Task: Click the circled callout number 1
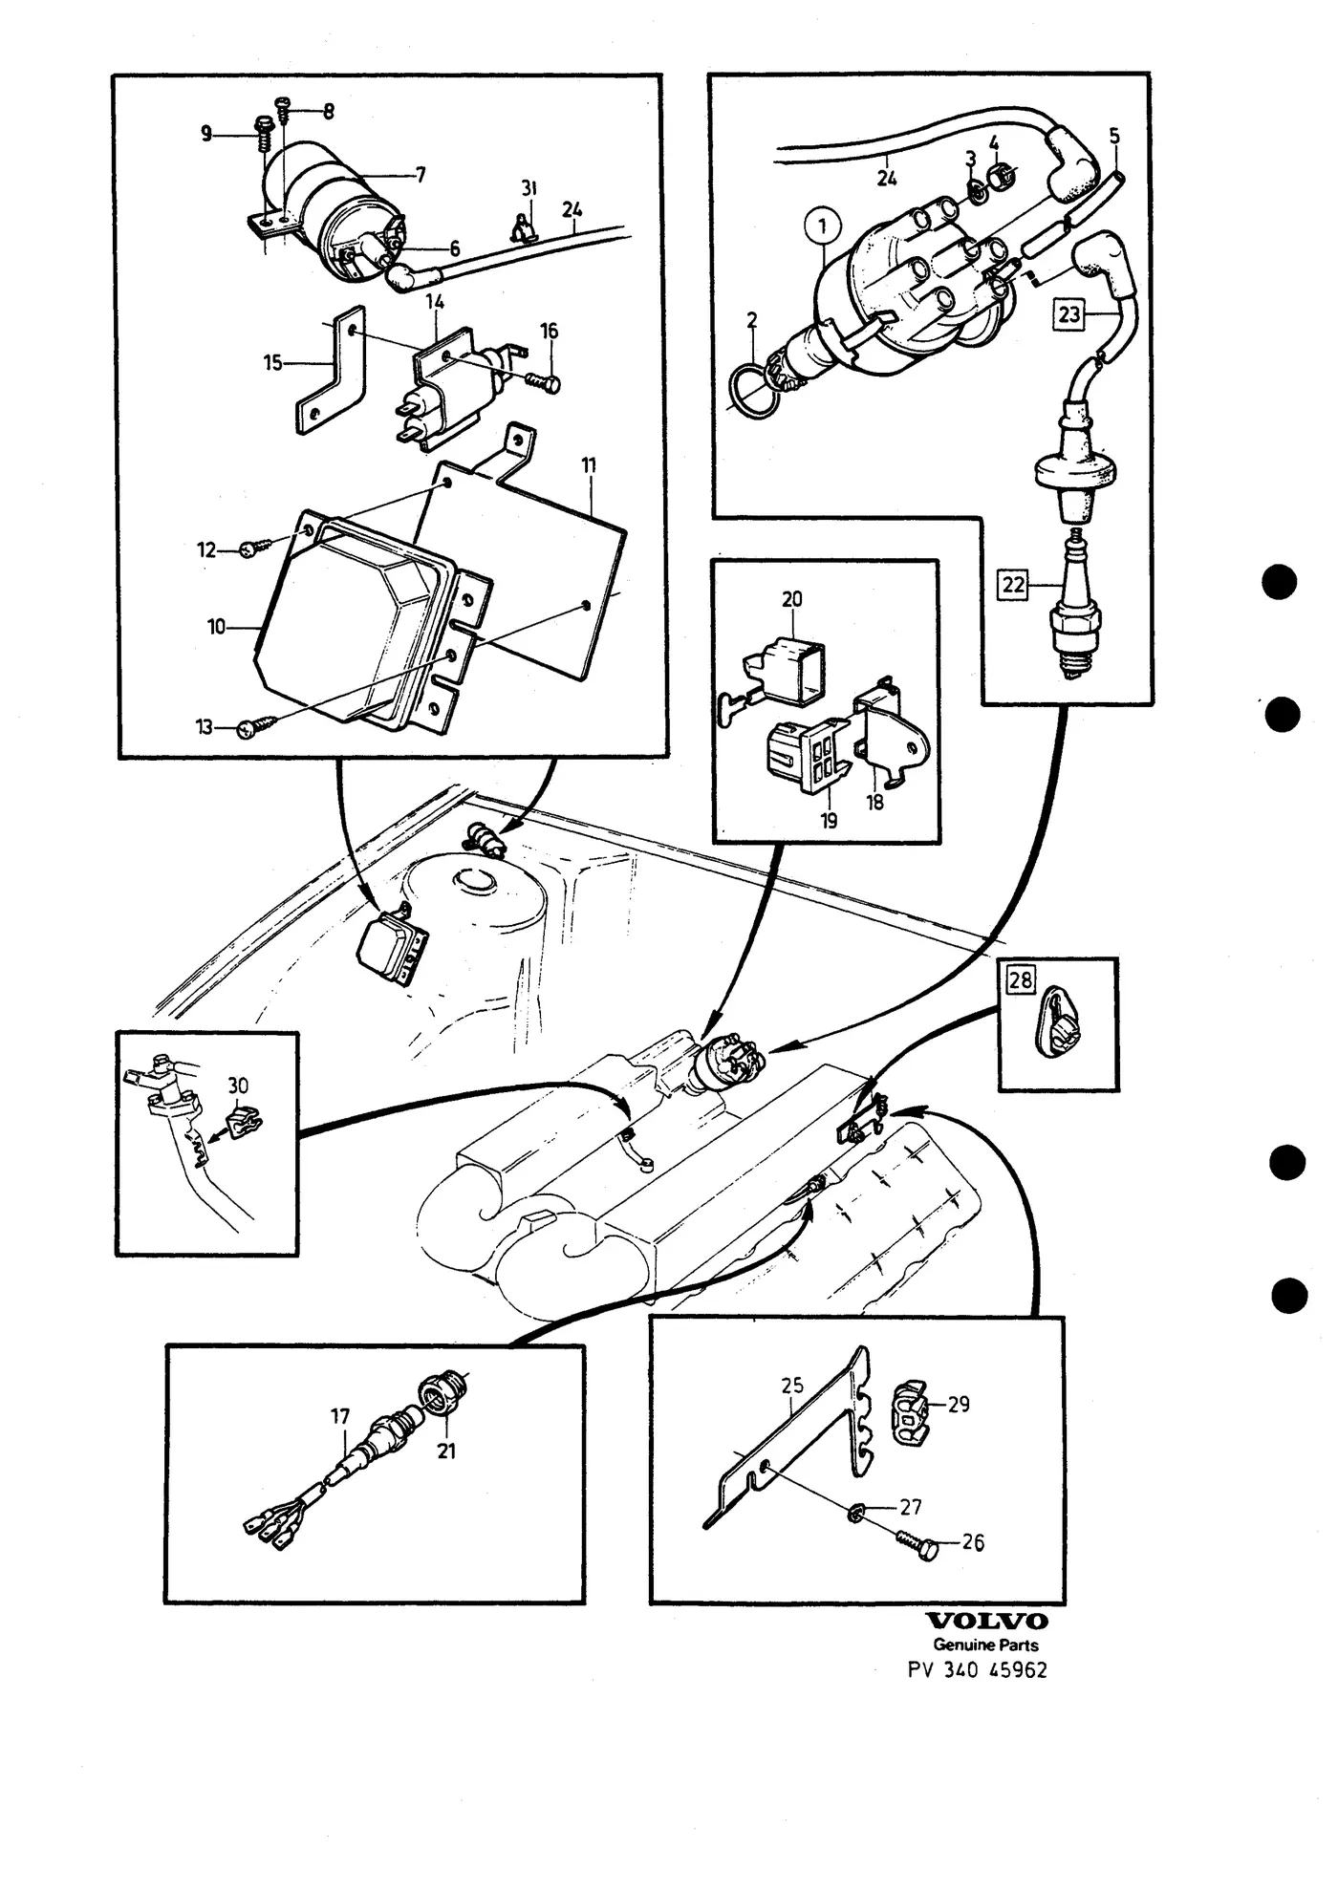[x=823, y=227]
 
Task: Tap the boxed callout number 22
[x=1013, y=584]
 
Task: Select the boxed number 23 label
[x=1068, y=313]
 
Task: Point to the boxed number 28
[x=1021, y=979]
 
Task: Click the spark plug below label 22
[x=1076, y=607]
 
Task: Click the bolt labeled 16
[x=543, y=381]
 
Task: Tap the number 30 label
[x=238, y=1086]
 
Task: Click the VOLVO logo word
[x=988, y=1621]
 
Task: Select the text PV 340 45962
[x=977, y=1670]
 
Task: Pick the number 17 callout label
[x=340, y=1415]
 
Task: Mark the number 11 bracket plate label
[x=589, y=465]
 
